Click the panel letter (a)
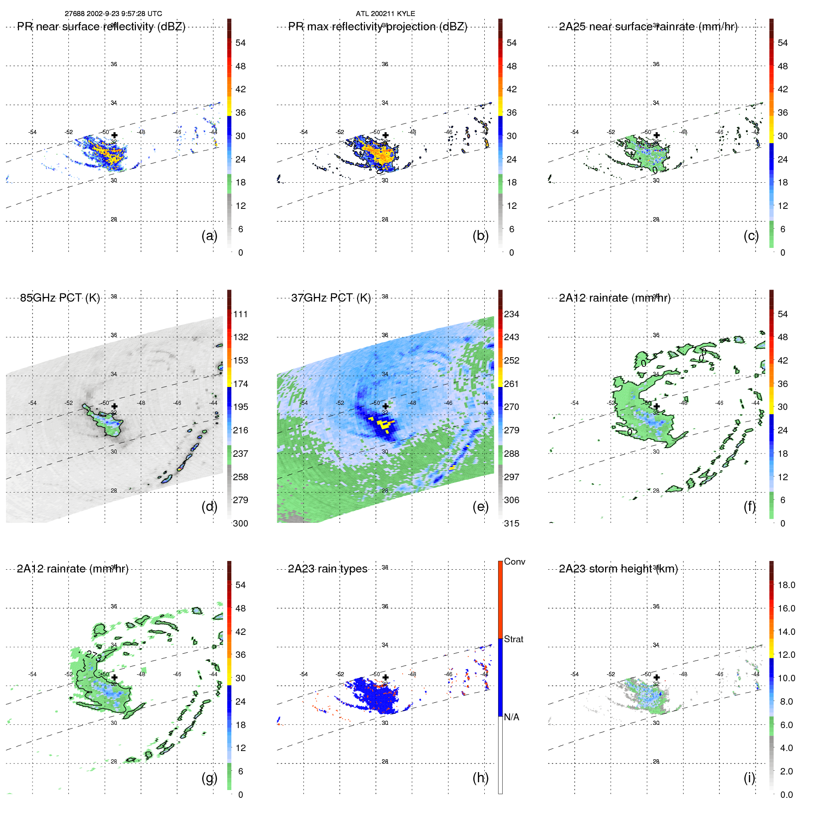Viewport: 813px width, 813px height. (x=209, y=236)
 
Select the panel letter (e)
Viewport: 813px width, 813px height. (x=480, y=507)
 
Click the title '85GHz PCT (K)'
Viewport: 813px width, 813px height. (x=60, y=298)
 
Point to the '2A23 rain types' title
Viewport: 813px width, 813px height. (x=327, y=569)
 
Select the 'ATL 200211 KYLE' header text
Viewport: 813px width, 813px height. (x=385, y=14)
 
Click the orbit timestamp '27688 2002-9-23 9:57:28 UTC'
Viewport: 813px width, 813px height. (x=113, y=14)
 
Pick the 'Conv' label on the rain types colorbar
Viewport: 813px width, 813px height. (x=514, y=561)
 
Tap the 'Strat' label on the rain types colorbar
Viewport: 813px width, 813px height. (x=513, y=639)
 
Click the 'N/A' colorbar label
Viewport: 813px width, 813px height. (x=511, y=717)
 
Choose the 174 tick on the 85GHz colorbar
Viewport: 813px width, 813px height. (x=240, y=384)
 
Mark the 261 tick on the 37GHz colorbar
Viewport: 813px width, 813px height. (x=511, y=384)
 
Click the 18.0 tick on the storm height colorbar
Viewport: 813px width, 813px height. (x=786, y=585)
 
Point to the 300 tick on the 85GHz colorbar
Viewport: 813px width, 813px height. (x=240, y=523)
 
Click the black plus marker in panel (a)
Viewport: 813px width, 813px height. (x=114, y=135)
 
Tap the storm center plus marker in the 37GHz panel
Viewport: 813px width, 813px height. (x=386, y=406)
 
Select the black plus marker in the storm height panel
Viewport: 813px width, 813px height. (x=656, y=677)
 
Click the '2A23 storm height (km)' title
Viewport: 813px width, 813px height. (x=618, y=569)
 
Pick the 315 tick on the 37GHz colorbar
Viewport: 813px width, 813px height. (x=511, y=523)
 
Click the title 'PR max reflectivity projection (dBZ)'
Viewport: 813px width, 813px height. (x=377, y=27)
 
